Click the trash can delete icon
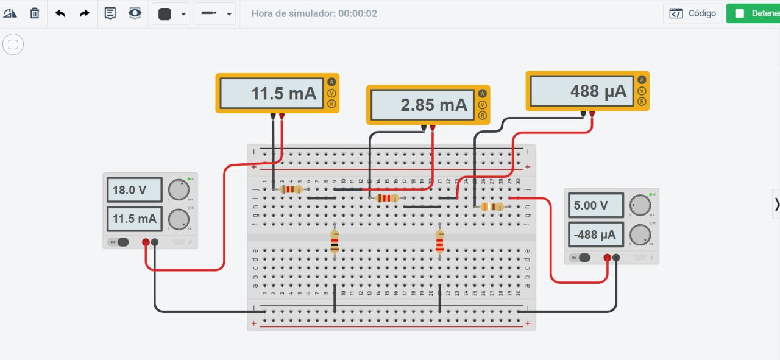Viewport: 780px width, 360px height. [35, 13]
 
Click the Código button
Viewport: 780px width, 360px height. [693, 13]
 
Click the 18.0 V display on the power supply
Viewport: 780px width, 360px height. [134, 190]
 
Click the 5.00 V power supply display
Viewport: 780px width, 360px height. [595, 205]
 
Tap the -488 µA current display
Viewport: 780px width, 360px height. [595, 235]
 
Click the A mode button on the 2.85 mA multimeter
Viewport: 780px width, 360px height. [482, 94]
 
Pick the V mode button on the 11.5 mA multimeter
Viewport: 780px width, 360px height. [331, 93]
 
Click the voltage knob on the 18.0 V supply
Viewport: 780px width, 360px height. [179, 190]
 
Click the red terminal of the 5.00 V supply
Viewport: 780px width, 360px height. [607, 258]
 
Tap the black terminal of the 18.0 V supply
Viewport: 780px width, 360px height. [154, 242]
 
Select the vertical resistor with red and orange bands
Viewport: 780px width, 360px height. [439, 242]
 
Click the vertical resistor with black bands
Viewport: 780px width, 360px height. [335, 242]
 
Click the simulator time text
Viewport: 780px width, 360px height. [314, 13]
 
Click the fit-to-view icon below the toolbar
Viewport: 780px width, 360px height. [13, 44]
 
